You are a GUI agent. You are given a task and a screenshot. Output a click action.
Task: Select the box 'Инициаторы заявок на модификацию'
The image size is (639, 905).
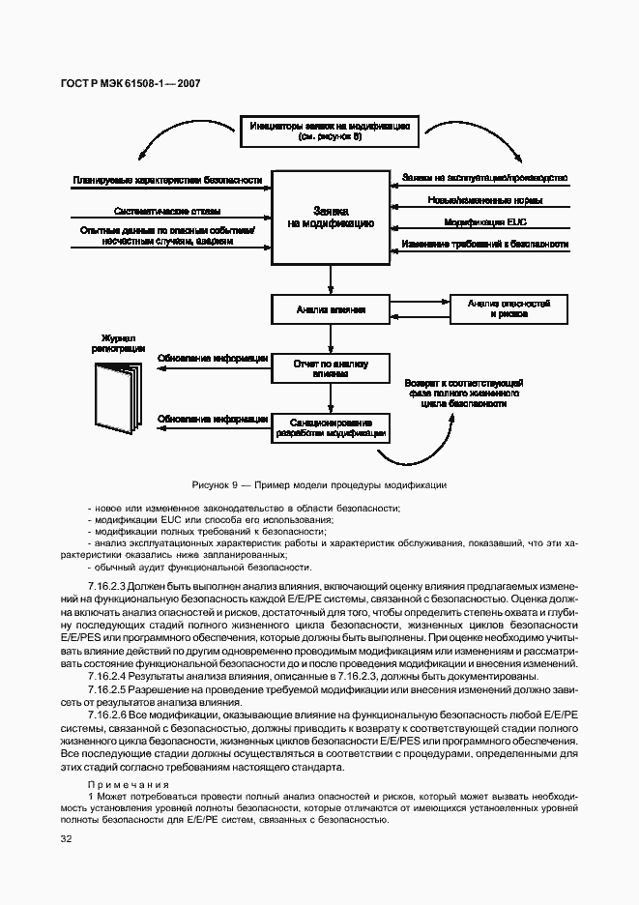click(331, 131)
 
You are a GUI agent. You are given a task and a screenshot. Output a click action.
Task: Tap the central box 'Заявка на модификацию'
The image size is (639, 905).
click(331, 216)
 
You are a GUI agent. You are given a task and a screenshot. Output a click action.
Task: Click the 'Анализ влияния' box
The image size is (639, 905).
click(331, 310)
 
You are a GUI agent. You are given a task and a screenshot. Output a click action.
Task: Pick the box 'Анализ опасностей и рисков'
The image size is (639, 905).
click(508, 309)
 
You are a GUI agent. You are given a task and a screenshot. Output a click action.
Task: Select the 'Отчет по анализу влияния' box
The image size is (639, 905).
click(331, 367)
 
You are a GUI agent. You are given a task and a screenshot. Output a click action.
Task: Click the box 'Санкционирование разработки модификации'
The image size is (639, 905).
click(331, 428)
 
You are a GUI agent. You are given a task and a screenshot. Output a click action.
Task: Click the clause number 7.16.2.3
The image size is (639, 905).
click(107, 587)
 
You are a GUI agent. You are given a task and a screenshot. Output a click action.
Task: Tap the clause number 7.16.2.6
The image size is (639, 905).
click(107, 714)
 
